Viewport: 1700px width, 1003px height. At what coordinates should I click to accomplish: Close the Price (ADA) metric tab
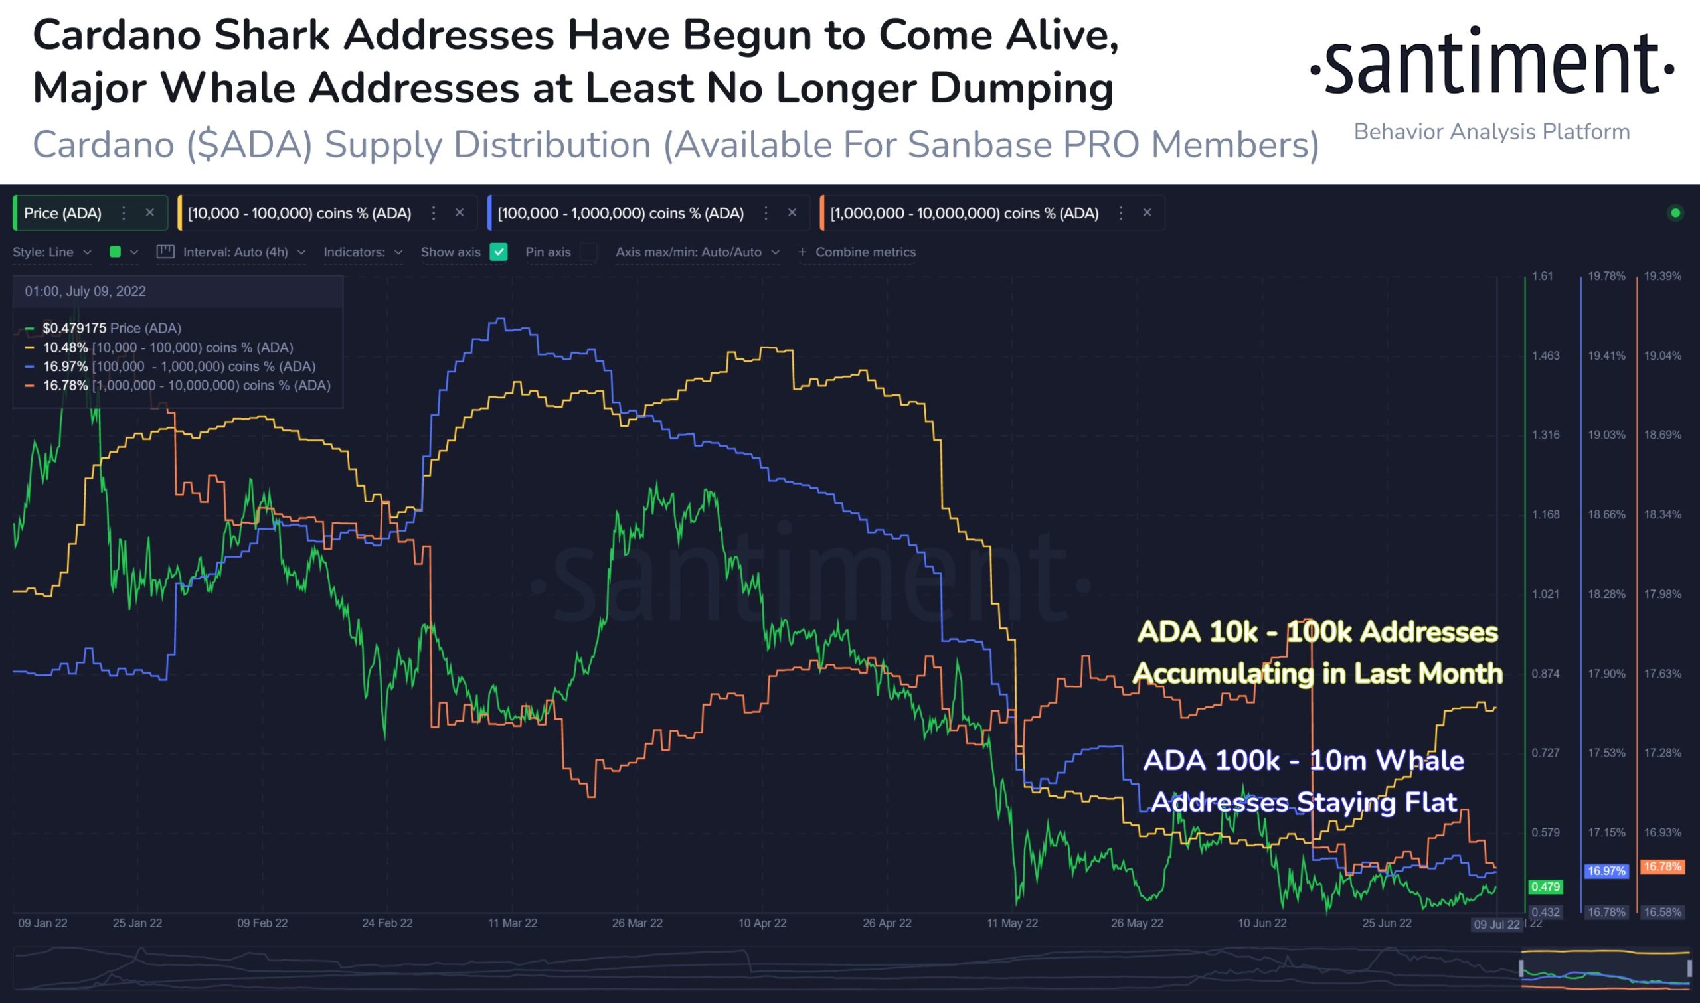point(150,213)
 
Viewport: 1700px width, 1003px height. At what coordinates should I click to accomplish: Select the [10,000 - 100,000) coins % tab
point(299,214)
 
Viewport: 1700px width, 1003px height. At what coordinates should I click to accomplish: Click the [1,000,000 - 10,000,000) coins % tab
point(964,214)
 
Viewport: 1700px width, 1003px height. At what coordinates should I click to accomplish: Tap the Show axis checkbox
point(499,252)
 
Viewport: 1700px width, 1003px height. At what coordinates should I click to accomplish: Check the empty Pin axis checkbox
point(589,252)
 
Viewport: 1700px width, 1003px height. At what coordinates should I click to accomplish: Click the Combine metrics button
point(858,252)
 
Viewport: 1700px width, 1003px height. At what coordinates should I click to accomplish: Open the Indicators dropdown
point(363,252)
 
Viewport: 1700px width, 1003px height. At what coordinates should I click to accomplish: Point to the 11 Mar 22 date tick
point(513,923)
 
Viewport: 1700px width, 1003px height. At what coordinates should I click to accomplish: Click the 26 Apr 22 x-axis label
point(887,923)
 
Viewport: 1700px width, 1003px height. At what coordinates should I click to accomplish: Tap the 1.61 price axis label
point(1542,276)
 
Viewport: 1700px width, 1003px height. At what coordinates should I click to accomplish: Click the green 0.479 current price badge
point(1545,887)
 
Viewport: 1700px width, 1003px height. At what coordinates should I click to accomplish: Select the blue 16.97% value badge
point(1606,871)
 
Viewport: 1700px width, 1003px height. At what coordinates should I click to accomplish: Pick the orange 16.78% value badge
point(1662,866)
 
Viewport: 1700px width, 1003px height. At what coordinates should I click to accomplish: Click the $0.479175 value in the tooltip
point(74,329)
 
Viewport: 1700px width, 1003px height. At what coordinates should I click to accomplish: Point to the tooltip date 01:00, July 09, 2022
point(85,291)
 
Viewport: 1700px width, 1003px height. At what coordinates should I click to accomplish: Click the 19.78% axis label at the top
point(1607,276)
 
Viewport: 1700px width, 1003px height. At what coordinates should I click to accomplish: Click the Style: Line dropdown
point(51,252)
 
